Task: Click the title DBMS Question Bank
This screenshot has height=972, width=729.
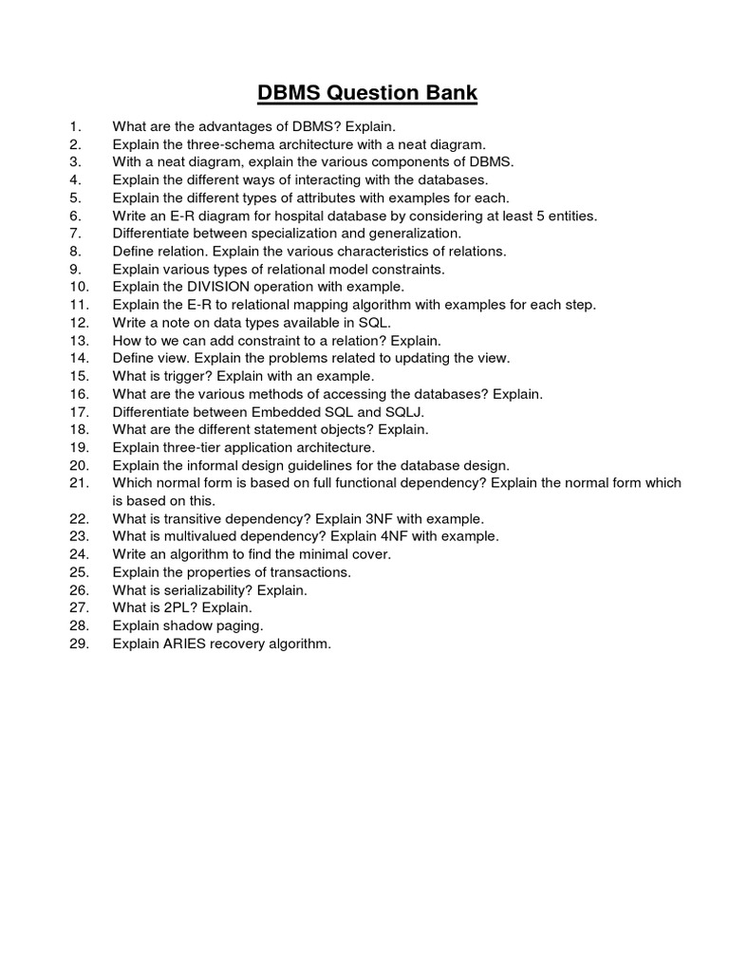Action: coord(367,93)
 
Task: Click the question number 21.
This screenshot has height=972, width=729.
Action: coord(79,483)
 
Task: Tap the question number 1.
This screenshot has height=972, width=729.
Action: coord(76,126)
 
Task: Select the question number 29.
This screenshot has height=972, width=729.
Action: coord(79,645)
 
